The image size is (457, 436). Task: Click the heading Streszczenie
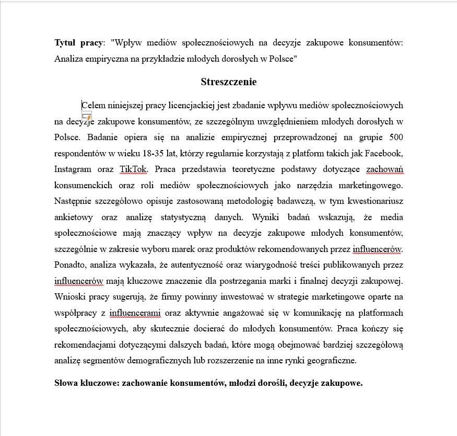pyautogui.click(x=228, y=82)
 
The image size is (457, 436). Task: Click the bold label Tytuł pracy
pyautogui.click(x=78, y=42)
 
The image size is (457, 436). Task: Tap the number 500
pyautogui.click(x=395, y=138)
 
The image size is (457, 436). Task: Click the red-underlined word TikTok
pyautogui.click(x=133, y=169)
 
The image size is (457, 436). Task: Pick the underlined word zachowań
pyautogui.click(x=384, y=169)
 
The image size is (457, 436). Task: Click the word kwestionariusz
pyautogui.click(x=375, y=201)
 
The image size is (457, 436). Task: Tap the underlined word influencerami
pyautogui.click(x=135, y=313)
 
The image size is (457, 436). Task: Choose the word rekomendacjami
pyautogui.click(x=85, y=345)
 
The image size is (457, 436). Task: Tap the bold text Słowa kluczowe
pyautogui.click(x=86, y=383)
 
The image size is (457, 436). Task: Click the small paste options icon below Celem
pyautogui.click(x=87, y=117)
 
